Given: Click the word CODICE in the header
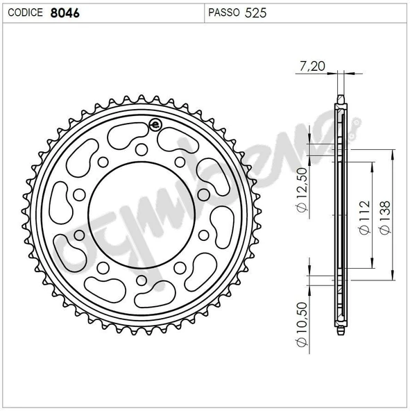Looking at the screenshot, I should click(x=25, y=12).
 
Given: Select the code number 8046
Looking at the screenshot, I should click(x=65, y=12).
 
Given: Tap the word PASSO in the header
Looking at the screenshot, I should click(x=224, y=12).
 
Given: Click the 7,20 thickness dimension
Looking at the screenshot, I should click(x=309, y=66).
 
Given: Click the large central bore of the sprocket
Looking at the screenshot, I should click(x=142, y=213).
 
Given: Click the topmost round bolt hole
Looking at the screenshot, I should click(x=142, y=148).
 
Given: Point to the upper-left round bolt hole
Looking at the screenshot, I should click(x=103, y=162).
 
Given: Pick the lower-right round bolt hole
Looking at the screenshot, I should click(x=180, y=266).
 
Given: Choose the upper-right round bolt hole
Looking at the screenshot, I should click(x=180, y=162).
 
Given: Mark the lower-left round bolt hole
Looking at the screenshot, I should click(x=103, y=266).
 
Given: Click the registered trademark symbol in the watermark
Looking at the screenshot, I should click(x=357, y=126).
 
